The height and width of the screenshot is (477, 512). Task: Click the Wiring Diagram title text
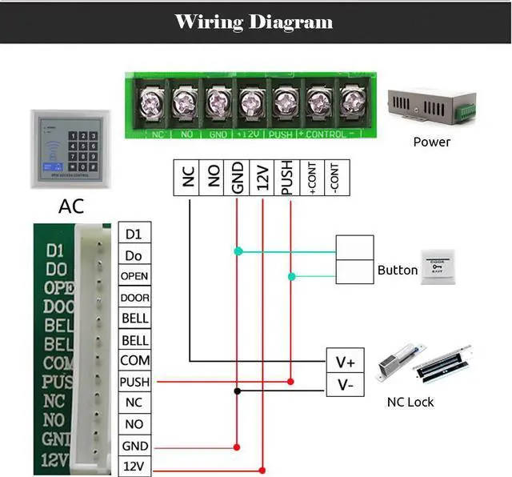254,22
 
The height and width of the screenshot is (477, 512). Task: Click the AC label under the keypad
70,206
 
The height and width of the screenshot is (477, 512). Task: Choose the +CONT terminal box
311,178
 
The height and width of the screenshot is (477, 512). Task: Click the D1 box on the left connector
134,234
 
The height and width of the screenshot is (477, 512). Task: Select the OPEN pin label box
134,276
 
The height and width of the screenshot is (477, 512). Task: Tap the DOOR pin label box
134,298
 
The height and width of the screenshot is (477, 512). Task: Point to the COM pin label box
134,361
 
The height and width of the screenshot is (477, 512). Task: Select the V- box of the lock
345,385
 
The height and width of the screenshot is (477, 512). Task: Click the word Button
398,271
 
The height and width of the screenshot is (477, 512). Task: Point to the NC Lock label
410,402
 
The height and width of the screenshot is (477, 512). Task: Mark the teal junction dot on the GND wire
238,251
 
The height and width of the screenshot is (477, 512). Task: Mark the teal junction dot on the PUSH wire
291,277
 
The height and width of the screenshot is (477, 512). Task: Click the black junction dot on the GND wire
238,391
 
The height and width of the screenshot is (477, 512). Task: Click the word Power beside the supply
431,142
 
